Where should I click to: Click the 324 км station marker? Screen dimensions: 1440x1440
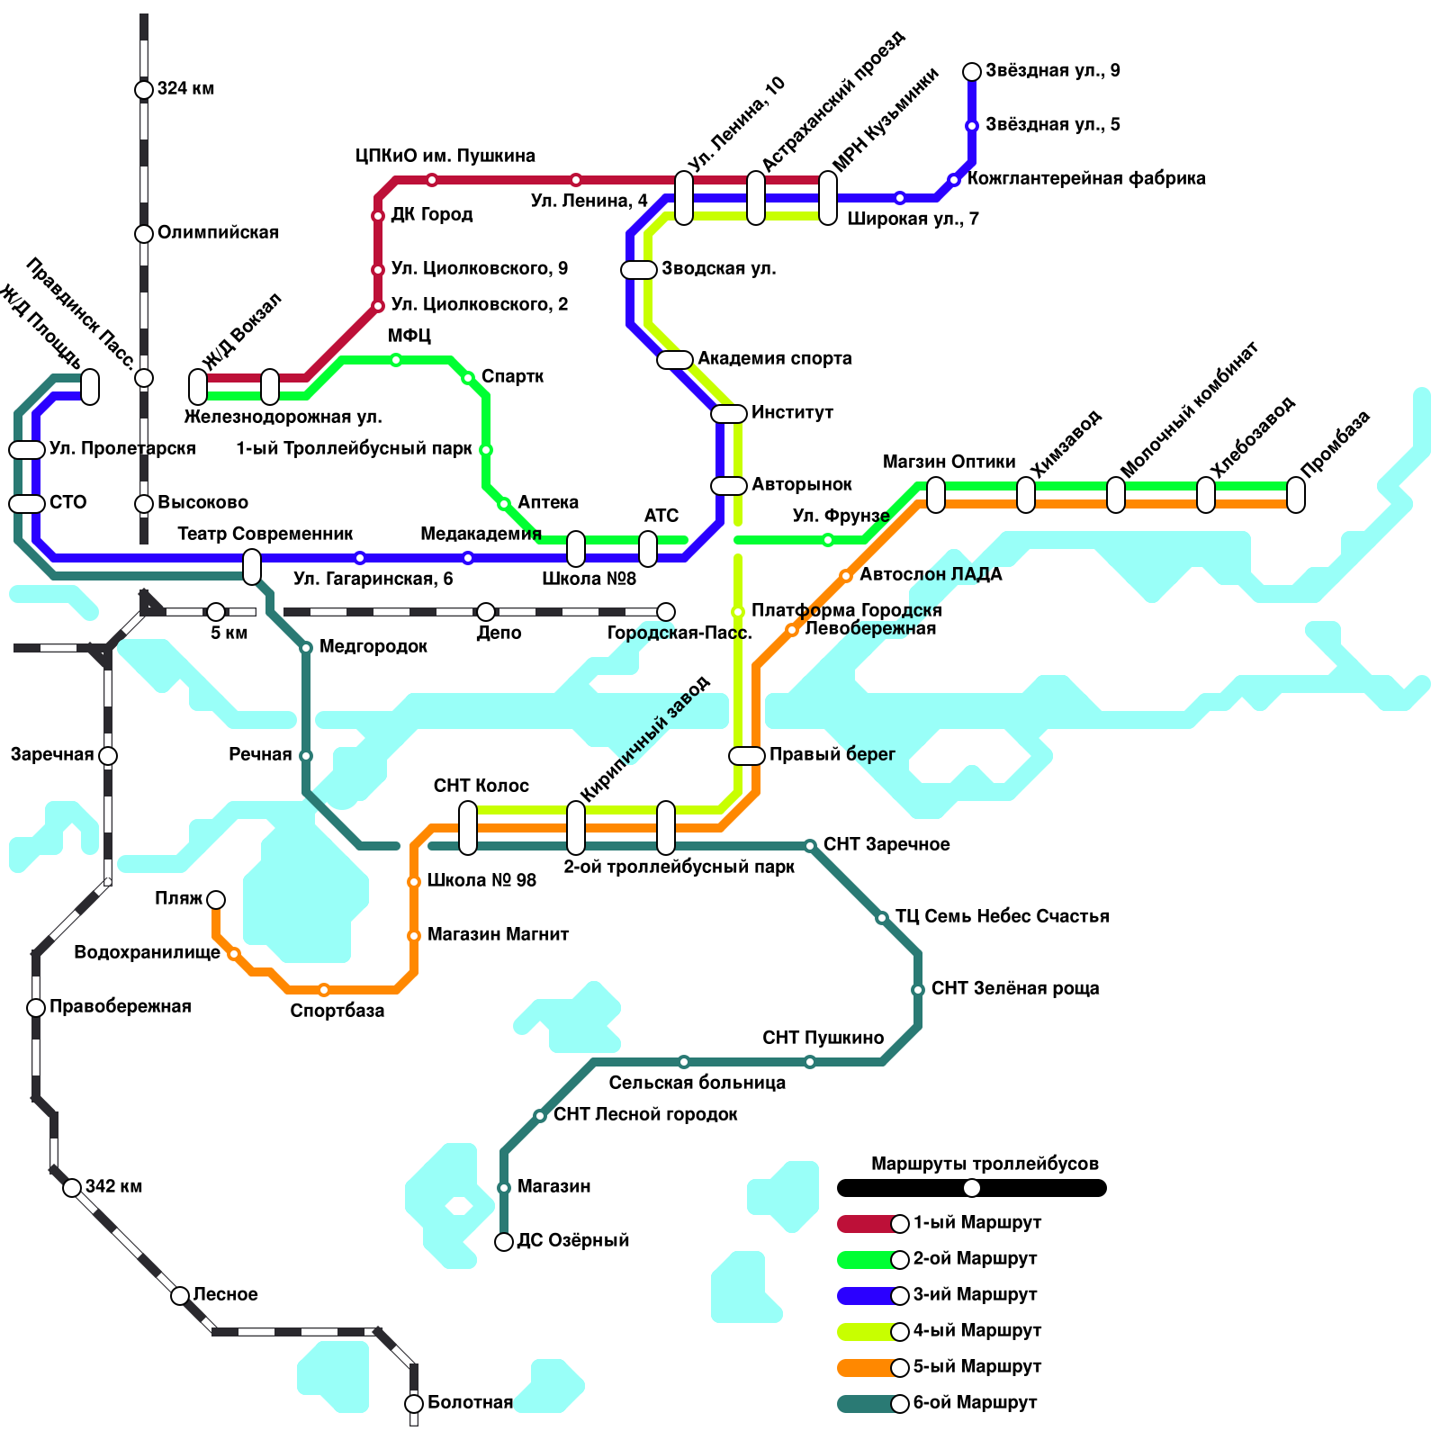click(x=144, y=89)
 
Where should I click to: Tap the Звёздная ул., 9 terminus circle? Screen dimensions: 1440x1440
click(x=972, y=72)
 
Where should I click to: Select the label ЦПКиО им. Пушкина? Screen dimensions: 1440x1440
click(x=445, y=156)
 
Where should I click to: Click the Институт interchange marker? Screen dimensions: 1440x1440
click(x=729, y=414)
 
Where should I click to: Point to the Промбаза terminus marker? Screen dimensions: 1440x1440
click(x=1296, y=495)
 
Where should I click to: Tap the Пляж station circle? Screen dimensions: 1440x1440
click(x=216, y=900)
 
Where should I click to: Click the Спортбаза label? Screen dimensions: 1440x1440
click(x=337, y=1011)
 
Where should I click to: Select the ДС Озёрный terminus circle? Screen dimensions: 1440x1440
click(x=504, y=1242)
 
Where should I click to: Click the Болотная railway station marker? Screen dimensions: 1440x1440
click(x=414, y=1404)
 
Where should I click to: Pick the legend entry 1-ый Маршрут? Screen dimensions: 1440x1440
click(x=976, y=1223)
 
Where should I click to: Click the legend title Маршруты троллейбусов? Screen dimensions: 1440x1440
click(x=985, y=1164)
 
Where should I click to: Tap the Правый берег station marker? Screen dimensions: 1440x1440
click(x=747, y=756)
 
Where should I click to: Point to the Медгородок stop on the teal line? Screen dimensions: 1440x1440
click(x=306, y=648)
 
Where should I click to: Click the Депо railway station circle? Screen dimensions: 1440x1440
click(x=486, y=612)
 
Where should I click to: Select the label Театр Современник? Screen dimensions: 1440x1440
click(x=265, y=534)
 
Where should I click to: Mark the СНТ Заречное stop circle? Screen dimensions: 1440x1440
click(x=810, y=846)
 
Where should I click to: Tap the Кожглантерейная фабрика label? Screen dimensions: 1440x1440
click(x=1086, y=178)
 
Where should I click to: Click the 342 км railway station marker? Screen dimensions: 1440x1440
click(x=72, y=1188)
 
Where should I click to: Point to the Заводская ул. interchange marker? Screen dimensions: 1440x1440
click(x=639, y=270)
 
